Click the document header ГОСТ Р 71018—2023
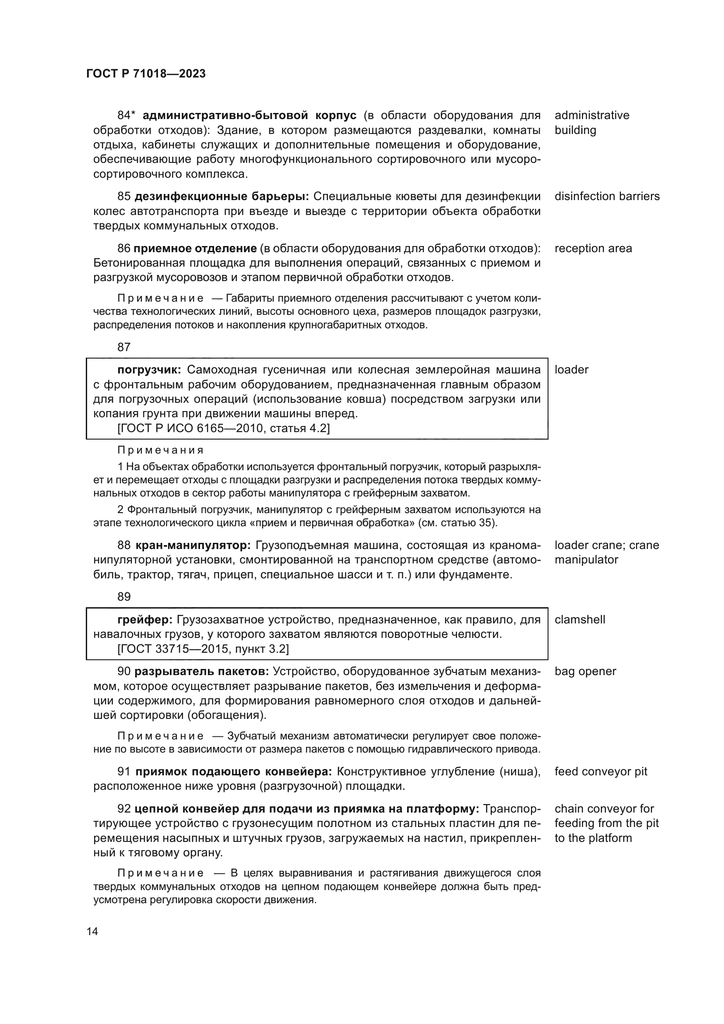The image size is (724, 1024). point(146,74)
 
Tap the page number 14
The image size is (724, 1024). point(92,932)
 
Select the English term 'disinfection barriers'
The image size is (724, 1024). point(607,197)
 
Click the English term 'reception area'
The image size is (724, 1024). point(593,248)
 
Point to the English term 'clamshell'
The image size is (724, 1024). point(580,619)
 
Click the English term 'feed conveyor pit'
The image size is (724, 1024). point(601,771)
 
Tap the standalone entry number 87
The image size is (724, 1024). point(124,347)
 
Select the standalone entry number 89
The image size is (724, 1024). point(124,597)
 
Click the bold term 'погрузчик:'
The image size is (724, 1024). point(149,370)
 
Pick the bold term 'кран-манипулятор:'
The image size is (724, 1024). point(193,545)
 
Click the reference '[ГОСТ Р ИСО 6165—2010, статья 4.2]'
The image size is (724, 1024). point(223,429)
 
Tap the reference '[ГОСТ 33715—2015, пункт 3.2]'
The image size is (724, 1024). point(203,649)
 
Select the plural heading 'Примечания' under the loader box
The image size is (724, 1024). point(161,450)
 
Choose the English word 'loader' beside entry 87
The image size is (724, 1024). point(571,370)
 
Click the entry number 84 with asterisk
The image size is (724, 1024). point(126,116)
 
